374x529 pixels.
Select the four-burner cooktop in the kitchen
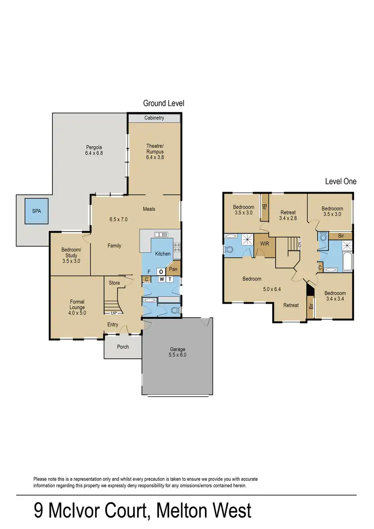point(176,246)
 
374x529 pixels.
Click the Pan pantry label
point(173,269)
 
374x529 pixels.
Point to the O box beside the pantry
point(161,271)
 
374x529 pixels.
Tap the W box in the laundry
point(161,279)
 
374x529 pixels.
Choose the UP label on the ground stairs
point(114,313)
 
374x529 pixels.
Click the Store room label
point(114,283)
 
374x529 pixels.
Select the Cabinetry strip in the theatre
point(154,118)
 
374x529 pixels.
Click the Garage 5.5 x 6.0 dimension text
point(177,355)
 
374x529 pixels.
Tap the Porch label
point(123,347)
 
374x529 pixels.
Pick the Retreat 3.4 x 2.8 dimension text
point(288,218)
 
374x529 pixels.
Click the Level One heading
point(341,182)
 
